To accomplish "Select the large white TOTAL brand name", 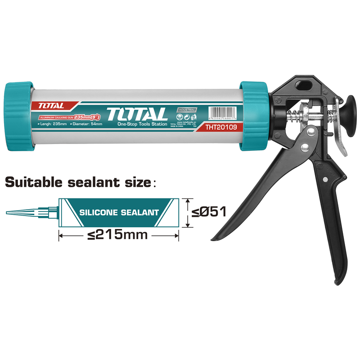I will coord(137,114).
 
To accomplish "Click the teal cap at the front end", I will coord(19,117).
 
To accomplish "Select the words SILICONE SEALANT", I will coord(119,212).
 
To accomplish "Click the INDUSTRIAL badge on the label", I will coord(186,110).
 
